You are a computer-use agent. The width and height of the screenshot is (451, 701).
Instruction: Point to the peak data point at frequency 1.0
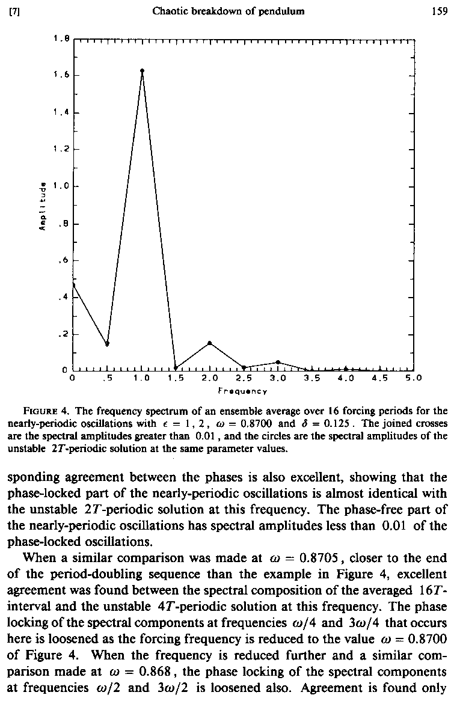pos(142,71)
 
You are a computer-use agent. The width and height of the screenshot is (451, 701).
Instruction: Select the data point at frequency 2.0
pos(210,343)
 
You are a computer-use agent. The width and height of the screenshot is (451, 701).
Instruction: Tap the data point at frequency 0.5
pos(107,344)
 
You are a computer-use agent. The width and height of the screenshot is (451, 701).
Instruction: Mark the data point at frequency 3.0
pos(278,362)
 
